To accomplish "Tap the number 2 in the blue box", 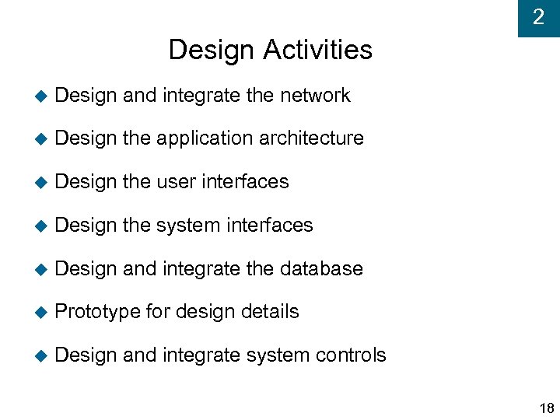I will [x=538, y=17].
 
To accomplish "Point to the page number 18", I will [x=545, y=408].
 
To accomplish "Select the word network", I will [x=315, y=96].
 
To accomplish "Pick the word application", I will [x=205, y=139].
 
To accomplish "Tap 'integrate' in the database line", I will [x=201, y=269].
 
